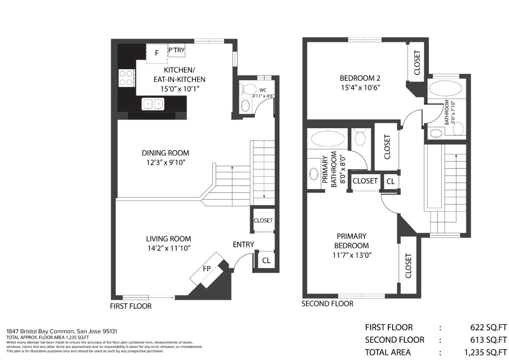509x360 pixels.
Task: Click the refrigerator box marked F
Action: click(x=157, y=53)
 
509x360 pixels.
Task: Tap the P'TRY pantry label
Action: click(x=177, y=50)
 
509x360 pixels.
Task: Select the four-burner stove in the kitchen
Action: click(x=127, y=78)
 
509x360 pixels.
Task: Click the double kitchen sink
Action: click(x=153, y=104)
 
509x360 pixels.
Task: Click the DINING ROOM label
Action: click(x=165, y=153)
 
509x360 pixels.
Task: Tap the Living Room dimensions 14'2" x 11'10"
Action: click(x=169, y=248)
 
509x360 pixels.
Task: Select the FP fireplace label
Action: click(x=206, y=269)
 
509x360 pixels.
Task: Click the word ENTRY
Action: click(x=243, y=244)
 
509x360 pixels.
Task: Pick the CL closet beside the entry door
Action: click(x=266, y=260)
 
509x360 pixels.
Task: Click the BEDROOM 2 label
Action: click(x=360, y=78)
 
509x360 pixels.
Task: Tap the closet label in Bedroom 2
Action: click(x=417, y=63)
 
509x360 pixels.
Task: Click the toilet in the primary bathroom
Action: click(x=360, y=137)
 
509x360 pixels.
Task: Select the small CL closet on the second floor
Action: click(x=391, y=181)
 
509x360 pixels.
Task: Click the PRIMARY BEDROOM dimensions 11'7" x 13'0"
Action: click(x=352, y=255)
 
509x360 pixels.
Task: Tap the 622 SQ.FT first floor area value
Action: click(x=488, y=327)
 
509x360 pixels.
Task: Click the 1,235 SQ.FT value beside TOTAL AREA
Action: click(x=485, y=352)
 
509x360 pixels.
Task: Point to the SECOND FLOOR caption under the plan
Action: click(x=327, y=304)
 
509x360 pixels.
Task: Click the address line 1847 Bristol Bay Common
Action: click(x=62, y=331)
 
